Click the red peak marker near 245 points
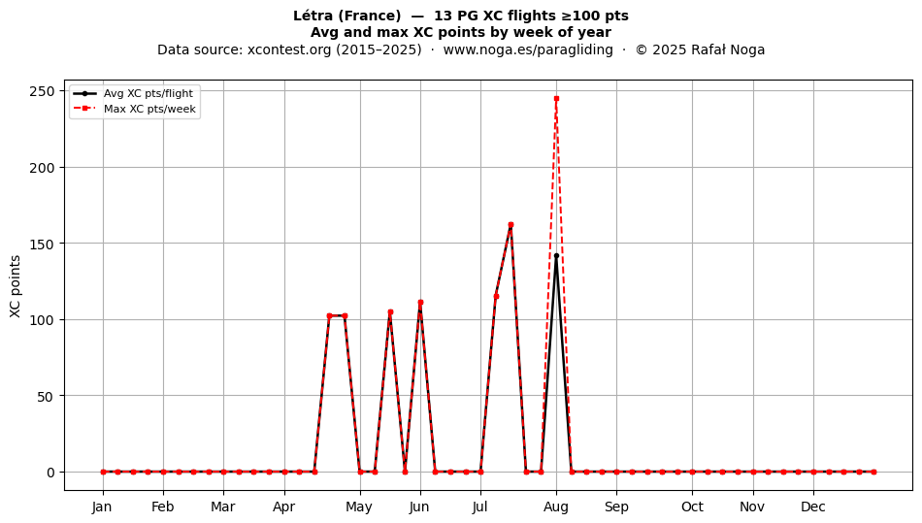556,99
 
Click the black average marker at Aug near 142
556,255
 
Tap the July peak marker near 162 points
510,224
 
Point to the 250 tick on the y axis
44,91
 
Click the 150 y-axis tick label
44,244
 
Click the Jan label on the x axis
102,507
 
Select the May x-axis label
359,507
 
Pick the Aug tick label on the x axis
556,507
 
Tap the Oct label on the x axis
693,507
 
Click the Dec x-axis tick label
814,507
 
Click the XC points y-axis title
16,286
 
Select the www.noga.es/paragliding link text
528,49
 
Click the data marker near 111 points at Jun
420,303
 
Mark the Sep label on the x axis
617,507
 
